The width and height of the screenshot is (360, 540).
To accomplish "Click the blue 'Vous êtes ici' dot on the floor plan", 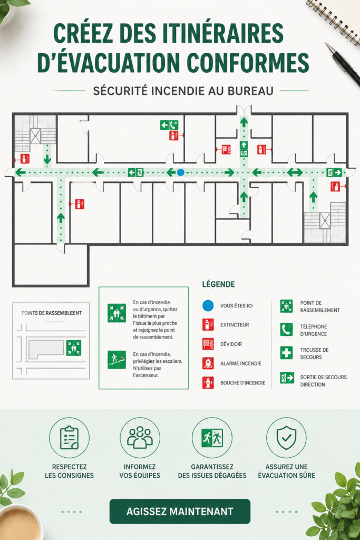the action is [x=180, y=172].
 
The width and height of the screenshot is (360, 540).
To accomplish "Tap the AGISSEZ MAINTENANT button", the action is [x=180, y=512].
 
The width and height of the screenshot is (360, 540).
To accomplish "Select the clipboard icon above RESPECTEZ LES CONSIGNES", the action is [x=69, y=438].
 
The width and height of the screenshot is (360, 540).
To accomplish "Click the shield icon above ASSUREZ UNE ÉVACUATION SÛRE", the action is [x=286, y=438].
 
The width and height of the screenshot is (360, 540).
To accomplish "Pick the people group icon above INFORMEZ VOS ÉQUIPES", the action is [x=140, y=437].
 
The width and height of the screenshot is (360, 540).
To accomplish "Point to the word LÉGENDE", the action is [x=219, y=284].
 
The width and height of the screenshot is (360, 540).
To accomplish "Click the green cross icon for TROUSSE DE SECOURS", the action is [x=286, y=353].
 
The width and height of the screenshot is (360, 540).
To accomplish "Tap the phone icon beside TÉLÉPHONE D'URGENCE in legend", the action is [x=286, y=330].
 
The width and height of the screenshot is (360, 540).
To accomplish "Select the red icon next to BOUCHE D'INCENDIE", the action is [x=208, y=383].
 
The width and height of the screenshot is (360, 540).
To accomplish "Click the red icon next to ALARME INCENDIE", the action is [x=208, y=363].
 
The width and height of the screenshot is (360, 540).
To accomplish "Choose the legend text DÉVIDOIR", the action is [x=231, y=344].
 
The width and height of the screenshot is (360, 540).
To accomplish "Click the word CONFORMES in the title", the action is [x=248, y=63].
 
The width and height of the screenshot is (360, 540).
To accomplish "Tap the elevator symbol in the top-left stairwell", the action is [x=35, y=136].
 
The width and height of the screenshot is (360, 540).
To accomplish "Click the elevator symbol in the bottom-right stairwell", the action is [x=325, y=221].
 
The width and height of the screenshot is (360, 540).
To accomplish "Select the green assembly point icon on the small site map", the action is [x=74, y=348].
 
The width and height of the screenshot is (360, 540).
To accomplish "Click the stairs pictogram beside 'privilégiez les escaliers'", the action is [x=116, y=360].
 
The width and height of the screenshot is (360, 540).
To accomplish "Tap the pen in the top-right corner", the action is [x=343, y=64].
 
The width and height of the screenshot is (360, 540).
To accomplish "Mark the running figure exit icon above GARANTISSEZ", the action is [x=212, y=438].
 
